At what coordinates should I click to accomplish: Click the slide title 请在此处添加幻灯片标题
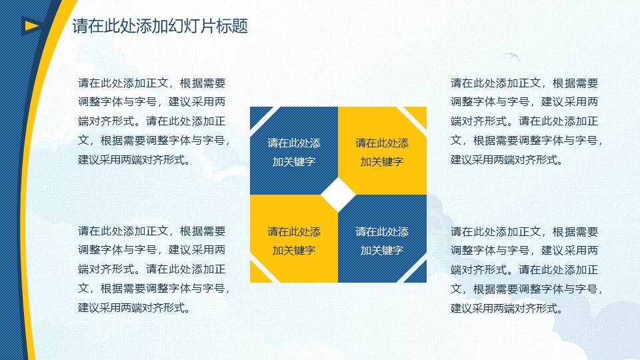(160, 27)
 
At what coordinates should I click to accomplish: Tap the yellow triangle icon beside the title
(30, 26)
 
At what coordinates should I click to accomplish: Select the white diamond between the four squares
(338, 195)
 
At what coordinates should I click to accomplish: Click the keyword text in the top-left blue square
(294, 152)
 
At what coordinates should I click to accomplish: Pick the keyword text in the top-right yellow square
(382, 152)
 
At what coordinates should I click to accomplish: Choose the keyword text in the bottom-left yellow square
(294, 241)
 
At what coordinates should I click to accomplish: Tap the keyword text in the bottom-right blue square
(382, 241)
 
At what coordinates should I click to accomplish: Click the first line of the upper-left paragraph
(152, 83)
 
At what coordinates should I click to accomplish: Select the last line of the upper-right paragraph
(507, 159)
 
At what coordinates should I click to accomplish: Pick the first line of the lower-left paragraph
(152, 231)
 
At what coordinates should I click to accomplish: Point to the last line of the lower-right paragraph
(507, 308)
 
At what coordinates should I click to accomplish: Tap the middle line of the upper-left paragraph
(152, 121)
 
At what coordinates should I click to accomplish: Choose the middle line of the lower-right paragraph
(525, 270)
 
